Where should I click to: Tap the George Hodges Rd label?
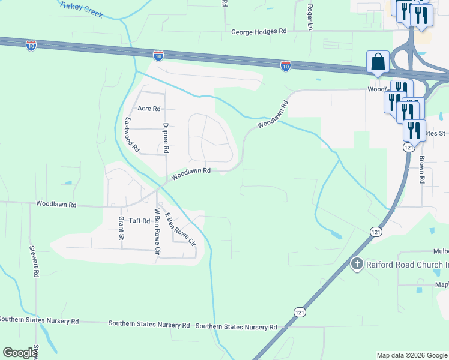[x=259, y=30]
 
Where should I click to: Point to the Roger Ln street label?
[x=310, y=17]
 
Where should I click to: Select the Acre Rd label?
[x=149, y=109]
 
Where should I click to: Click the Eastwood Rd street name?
[x=131, y=133]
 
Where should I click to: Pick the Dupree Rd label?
[x=166, y=137]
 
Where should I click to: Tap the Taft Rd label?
[x=138, y=221]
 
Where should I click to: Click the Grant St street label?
[x=121, y=229]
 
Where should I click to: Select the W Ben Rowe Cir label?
[x=158, y=231]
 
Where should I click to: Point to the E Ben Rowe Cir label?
[x=181, y=230]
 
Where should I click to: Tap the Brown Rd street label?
[x=422, y=170]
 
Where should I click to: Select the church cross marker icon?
[x=357, y=264]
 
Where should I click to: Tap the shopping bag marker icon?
[x=378, y=62]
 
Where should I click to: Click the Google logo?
[x=20, y=353]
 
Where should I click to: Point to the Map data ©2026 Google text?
[x=412, y=355]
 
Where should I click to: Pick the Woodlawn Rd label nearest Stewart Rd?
[x=56, y=205]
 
